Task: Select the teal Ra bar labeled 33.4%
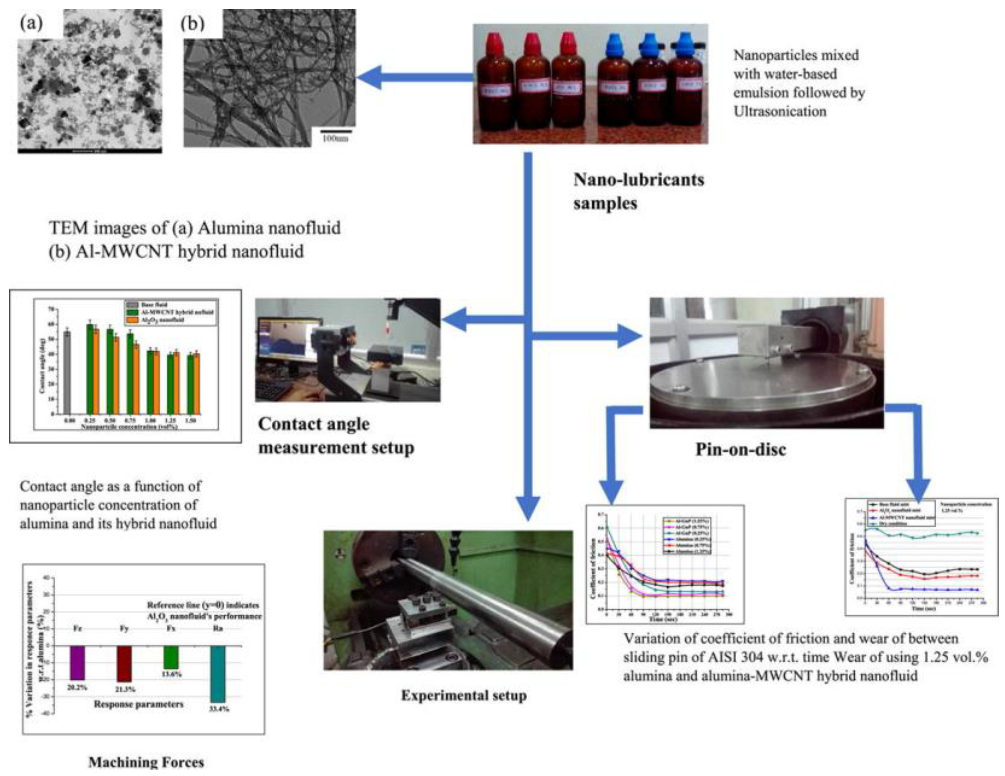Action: pyautogui.click(x=218, y=674)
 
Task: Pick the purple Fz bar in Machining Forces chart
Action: pyautogui.click(x=77, y=663)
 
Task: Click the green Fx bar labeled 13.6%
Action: pyautogui.click(x=171, y=658)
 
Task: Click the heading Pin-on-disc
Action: pyautogui.click(x=741, y=449)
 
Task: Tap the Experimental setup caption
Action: pyautogui.click(x=464, y=696)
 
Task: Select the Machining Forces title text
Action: pyautogui.click(x=146, y=762)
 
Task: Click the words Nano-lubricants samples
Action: pyautogui.click(x=638, y=191)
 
